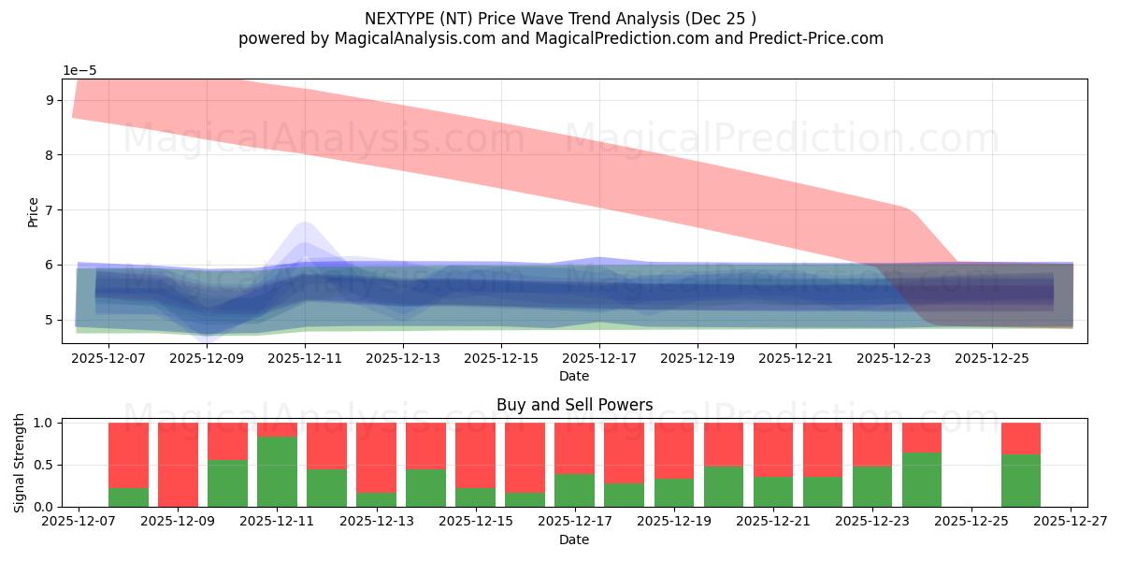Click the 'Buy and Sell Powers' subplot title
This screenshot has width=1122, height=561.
click(574, 405)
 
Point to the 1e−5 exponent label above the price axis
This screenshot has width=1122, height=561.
click(79, 70)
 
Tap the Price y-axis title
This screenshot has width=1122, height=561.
click(33, 211)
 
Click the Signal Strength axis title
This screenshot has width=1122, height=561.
click(20, 463)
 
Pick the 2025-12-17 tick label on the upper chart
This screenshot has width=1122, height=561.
click(598, 357)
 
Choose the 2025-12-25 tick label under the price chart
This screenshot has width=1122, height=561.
click(991, 357)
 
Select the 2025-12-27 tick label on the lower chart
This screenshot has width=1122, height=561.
click(1071, 522)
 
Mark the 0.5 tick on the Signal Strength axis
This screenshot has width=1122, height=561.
click(43, 465)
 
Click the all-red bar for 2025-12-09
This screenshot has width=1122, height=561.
click(178, 464)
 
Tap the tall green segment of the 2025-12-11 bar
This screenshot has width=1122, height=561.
click(277, 471)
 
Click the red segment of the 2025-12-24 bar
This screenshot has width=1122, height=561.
click(921, 438)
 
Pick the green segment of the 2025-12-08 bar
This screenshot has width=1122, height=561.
click(128, 497)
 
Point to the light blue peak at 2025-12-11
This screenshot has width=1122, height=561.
click(305, 229)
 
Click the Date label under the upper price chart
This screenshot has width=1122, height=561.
click(574, 376)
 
